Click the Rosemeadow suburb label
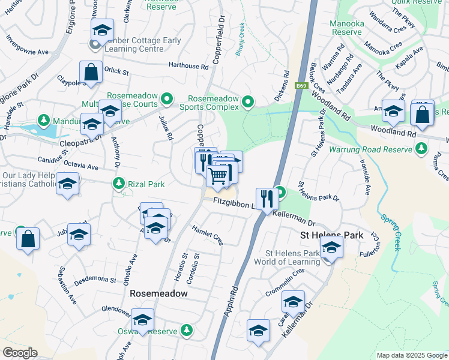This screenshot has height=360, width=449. pyautogui.click(x=159, y=293)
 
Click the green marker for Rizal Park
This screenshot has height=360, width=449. pyautogui.click(x=119, y=182)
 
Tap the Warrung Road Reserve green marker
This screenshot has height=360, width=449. pyautogui.click(x=422, y=148)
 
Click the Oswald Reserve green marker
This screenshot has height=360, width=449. pyautogui.click(x=187, y=330)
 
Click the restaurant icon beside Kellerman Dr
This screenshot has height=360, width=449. pyautogui.click(x=267, y=198)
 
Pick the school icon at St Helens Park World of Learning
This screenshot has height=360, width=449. pyautogui.click(x=331, y=247)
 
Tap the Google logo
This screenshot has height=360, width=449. pyautogui.click(x=20, y=353)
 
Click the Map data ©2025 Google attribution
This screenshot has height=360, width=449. pyautogui.click(x=411, y=355)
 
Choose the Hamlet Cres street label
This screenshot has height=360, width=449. pyautogui.click(x=208, y=235)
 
